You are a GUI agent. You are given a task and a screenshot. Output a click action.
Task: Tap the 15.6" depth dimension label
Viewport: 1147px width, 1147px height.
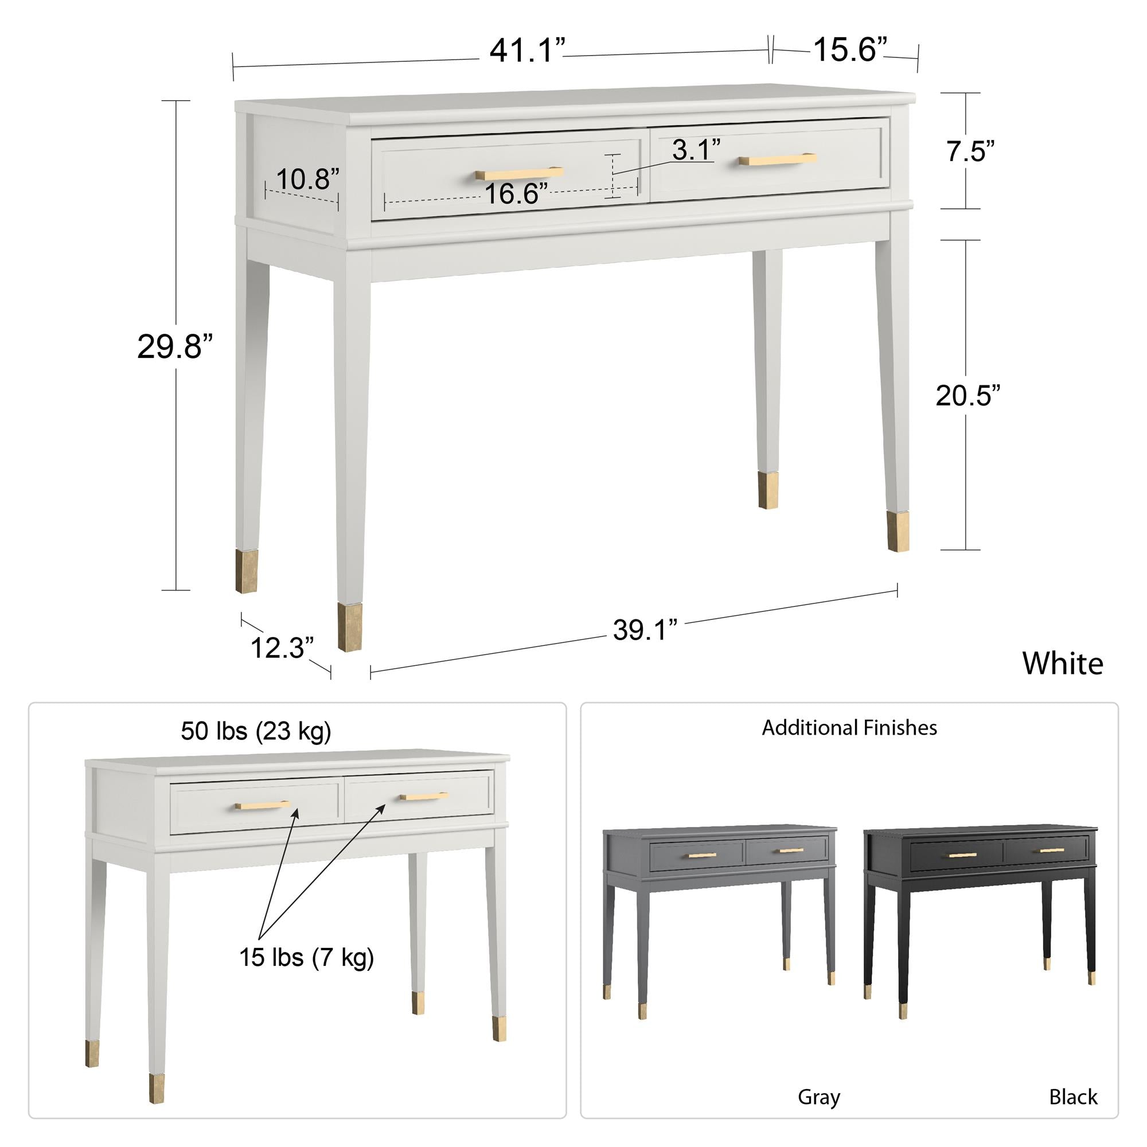[x=849, y=49]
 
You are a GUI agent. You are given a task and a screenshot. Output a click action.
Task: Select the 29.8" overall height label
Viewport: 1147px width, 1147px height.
[x=174, y=347]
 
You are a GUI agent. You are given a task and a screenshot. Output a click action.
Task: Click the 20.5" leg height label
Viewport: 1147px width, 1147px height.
[x=967, y=395]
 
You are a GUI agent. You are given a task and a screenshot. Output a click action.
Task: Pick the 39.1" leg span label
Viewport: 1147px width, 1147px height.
[x=645, y=630]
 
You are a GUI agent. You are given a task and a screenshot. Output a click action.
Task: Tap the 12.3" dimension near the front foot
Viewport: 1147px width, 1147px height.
[x=282, y=647]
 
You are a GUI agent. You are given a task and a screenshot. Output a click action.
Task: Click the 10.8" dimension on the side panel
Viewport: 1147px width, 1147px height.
[x=307, y=179]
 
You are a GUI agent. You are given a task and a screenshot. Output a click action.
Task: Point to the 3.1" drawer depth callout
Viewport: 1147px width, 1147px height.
[x=696, y=150]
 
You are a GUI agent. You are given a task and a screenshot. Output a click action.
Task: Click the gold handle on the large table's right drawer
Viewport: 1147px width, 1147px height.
[x=777, y=159]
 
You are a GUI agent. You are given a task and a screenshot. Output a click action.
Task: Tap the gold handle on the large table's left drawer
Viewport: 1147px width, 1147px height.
[x=519, y=173]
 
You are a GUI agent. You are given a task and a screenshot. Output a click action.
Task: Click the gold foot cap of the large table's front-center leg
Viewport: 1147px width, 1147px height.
[x=350, y=627]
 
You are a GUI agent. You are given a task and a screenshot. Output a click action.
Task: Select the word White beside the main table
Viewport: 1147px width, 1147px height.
[x=1062, y=663]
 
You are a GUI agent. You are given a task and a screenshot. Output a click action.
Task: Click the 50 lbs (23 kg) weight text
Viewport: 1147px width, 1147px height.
[x=256, y=731]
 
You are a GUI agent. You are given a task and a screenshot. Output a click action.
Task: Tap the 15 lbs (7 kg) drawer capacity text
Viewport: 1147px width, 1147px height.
[x=306, y=958]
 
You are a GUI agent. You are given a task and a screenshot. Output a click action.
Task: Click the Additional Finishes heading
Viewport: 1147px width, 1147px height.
[x=849, y=728]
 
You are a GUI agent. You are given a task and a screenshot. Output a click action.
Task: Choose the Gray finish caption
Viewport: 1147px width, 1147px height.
[x=819, y=1097]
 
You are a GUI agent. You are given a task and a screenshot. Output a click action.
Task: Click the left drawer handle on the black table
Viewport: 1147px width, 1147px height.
[x=962, y=855]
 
